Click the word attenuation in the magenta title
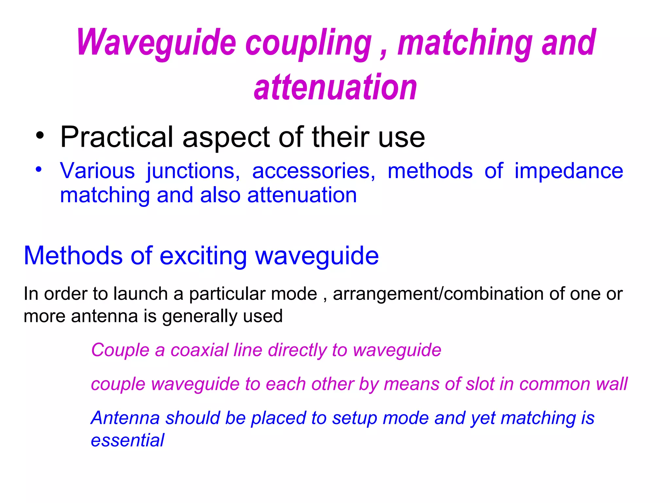pos(335,87)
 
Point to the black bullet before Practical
pos(40,136)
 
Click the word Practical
pos(116,137)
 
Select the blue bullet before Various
pos(39,170)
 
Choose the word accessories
pos(313,171)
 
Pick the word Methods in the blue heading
pos(73,255)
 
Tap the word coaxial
pos(200,350)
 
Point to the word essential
pos(128,440)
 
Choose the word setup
pos(355,419)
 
